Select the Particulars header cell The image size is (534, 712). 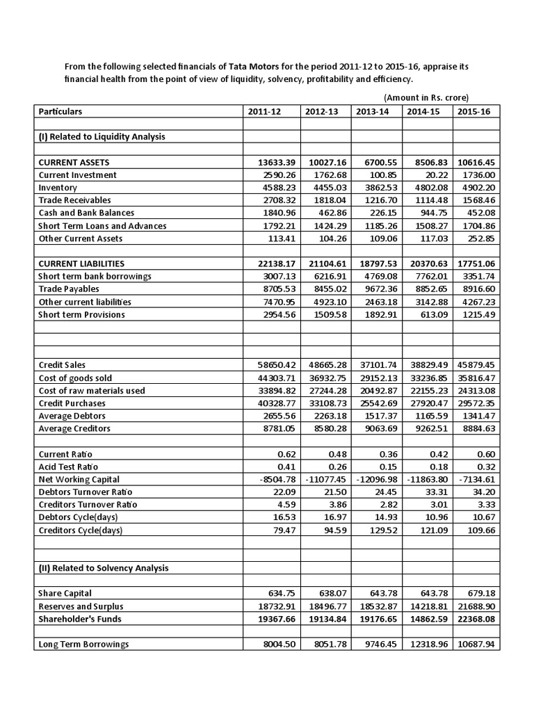pos(60,111)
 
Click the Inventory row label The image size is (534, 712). pos(58,188)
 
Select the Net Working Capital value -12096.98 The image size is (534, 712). pos(376,479)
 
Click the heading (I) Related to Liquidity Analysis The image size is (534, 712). pos(102,137)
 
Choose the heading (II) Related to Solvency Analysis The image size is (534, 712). pos(104,568)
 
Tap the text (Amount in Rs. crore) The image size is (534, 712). pos(426,97)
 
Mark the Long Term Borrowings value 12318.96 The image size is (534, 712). pos(427,645)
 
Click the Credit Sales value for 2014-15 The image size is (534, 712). pos(426,365)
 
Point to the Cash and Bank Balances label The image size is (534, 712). pos(87,213)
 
